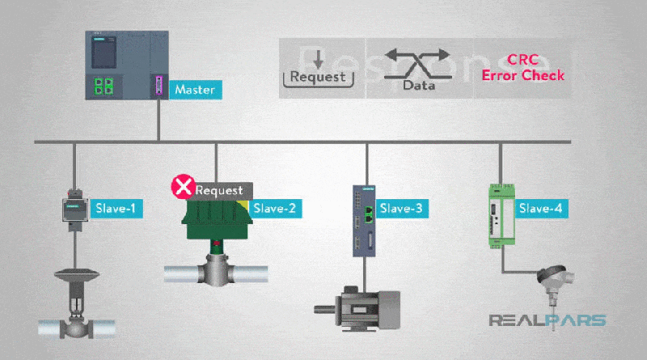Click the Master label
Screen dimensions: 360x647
[194, 89]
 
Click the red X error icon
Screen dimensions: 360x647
[184, 188]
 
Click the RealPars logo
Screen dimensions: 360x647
[547, 320]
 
